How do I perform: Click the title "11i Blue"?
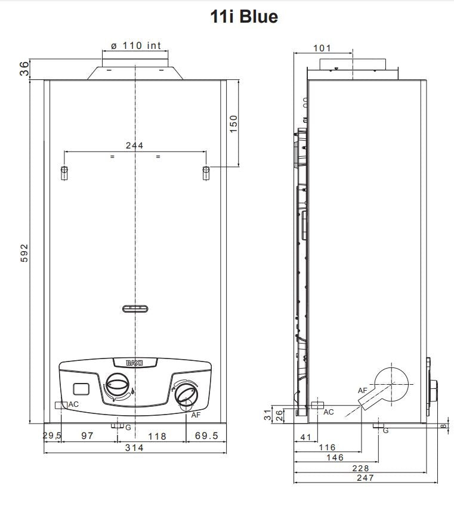pos(243,17)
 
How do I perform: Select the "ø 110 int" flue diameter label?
pos(135,46)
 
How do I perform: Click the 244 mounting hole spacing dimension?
pos(134,146)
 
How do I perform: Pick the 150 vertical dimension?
pos(233,124)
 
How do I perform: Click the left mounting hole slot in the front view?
pos(64,172)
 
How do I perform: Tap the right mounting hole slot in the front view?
pos(205,172)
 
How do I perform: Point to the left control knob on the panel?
pos(118,383)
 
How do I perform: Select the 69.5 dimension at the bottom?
pos(206,437)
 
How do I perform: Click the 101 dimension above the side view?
pos(322,48)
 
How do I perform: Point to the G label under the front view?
pos(128,427)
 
